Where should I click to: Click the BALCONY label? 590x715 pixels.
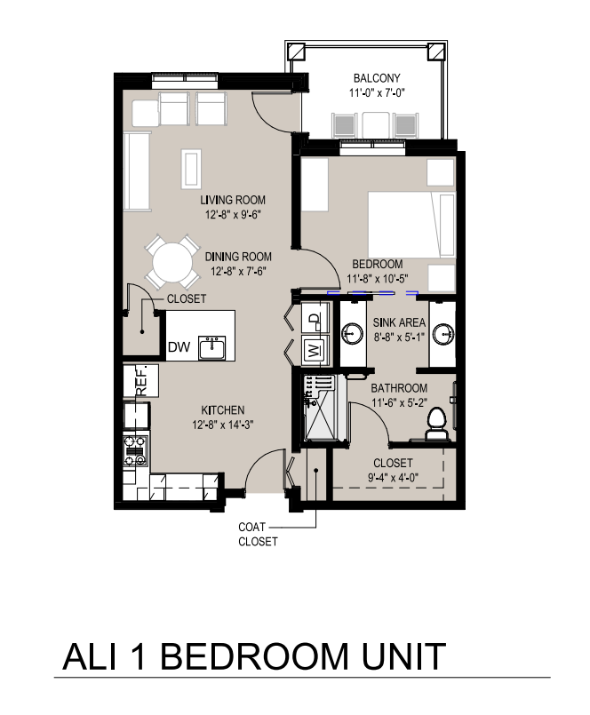(x=377, y=78)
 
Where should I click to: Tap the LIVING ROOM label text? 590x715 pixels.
(x=233, y=200)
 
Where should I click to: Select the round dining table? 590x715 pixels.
(x=172, y=262)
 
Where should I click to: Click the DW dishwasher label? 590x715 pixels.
(x=179, y=347)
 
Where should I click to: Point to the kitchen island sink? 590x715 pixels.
(x=211, y=348)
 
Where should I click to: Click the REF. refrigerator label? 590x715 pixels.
(x=141, y=380)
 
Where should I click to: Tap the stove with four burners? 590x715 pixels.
(x=136, y=450)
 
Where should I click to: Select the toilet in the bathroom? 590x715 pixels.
(x=437, y=424)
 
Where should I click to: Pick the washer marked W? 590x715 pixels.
(x=315, y=350)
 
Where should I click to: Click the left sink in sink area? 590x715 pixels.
(x=352, y=333)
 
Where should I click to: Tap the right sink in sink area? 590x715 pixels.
(x=443, y=333)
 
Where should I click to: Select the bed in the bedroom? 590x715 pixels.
(x=411, y=224)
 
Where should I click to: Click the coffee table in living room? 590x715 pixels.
(x=191, y=169)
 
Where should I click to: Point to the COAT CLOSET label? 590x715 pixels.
(x=258, y=534)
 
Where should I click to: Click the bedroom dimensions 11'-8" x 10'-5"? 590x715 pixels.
(x=378, y=278)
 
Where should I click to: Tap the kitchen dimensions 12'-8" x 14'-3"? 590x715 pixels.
(x=223, y=425)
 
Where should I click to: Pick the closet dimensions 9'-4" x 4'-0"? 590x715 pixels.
(x=394, y=478)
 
